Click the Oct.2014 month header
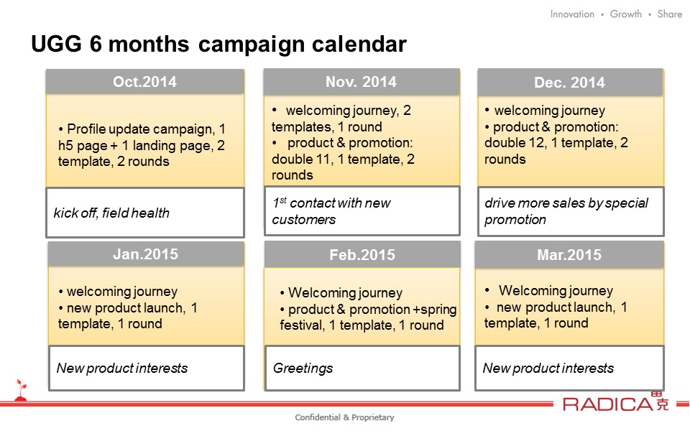pos(144,82)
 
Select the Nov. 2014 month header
pos(361,82)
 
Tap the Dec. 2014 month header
pos(569,83)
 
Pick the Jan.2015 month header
pos(146,254)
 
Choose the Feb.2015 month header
pos(362,255)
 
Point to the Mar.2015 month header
pos(569,255)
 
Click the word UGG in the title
pos(56,44)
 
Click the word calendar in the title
pos(359,44)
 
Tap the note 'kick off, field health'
pos(111,213)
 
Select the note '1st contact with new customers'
pos(331,211)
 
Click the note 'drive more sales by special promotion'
pos(566,211)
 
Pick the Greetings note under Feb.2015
pos(303,368)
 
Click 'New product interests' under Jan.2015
pos(122,368)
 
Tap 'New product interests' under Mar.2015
pos(548,368)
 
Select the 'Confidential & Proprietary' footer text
pos(344,417)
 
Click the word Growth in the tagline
pos(626,14)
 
